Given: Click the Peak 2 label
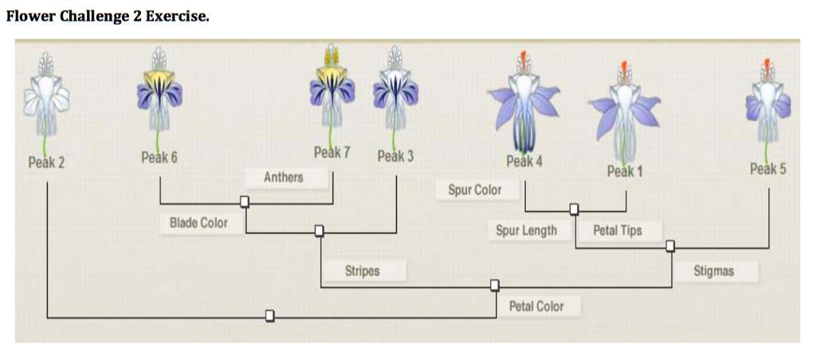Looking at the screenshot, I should [46, 163].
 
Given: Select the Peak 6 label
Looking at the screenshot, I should [159, 158].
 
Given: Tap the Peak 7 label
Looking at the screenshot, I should [331, 152].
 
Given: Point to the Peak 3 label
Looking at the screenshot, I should [395, 156].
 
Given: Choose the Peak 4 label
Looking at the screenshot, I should [524, 161].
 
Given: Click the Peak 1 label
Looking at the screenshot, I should [625, 170].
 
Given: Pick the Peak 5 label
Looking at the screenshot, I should [768, 169].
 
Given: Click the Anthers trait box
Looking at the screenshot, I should [284, 178].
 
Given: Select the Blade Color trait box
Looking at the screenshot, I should [198, 223].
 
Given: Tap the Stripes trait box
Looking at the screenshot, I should [363, 271].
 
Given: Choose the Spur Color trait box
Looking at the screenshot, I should [476, 190].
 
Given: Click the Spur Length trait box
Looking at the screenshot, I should [526, 231].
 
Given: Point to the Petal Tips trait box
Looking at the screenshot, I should [617, 231].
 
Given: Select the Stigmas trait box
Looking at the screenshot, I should [713, 271].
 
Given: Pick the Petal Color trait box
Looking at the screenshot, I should [536, 306].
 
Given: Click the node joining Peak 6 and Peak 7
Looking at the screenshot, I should [245, 202].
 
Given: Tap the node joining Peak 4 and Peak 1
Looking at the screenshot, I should [574, 209].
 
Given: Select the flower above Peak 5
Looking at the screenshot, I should [767, 100].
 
